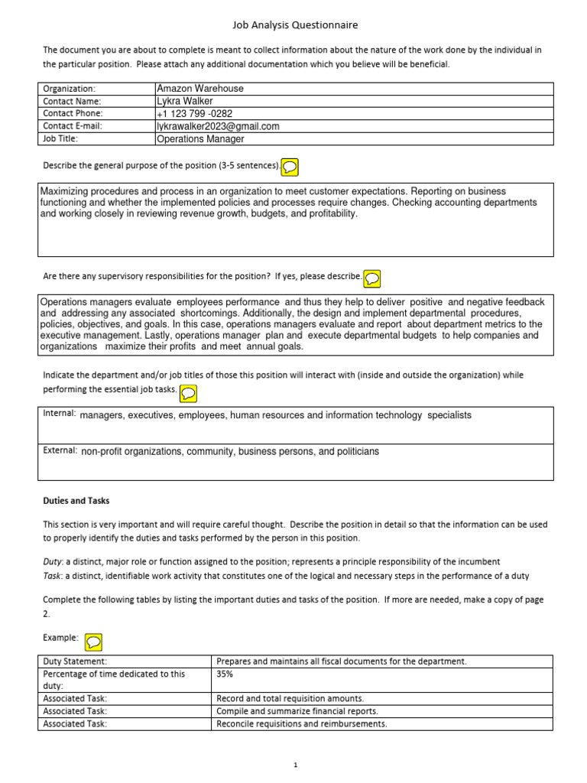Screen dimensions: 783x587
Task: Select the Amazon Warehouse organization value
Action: (x=199, y=89)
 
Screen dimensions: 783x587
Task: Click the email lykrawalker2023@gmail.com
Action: (x=218, y=126)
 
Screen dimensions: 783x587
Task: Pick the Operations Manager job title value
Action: (x=200, y=139)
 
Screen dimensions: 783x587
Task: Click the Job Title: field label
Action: (x=60, y=139)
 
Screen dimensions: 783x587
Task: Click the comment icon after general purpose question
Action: (x=290, y=166)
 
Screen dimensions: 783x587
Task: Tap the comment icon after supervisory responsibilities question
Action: (x=373, y=278)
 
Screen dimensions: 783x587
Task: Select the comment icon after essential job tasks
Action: (x=188, y=392)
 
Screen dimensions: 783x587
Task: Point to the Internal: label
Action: (x=60, y=414)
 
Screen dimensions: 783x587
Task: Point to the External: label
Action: (x=60, y=451)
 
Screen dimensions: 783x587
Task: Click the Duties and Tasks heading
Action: (x=76, y=501)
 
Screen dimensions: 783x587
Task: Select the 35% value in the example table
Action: (x=225, y=675)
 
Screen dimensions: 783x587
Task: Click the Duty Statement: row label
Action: (x=75, y=661)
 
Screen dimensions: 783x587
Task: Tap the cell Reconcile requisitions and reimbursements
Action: (x=302, y=723)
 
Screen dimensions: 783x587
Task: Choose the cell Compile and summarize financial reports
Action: (x=297, y=711)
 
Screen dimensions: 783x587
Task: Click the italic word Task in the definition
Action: (x=51, y=576)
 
